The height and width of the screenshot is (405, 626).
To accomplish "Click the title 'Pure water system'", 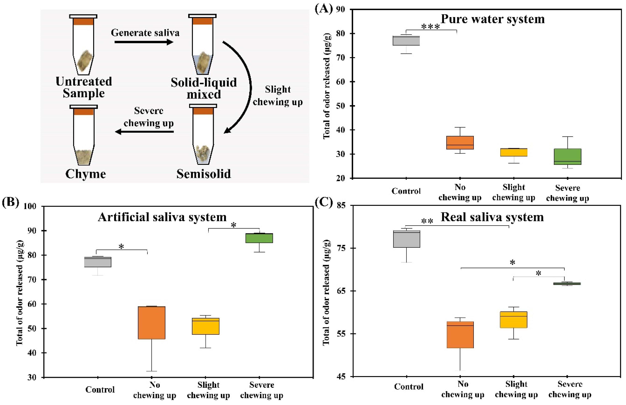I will click(x=492, y=19).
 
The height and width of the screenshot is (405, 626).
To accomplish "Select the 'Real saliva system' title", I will click(x=492, y=217).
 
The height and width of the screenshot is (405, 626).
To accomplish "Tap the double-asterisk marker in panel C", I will click(x=427, y=221).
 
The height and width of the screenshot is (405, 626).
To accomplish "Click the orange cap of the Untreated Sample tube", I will click(x=83, y=21).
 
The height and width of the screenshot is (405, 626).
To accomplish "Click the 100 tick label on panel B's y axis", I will click(x=30, y=206).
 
